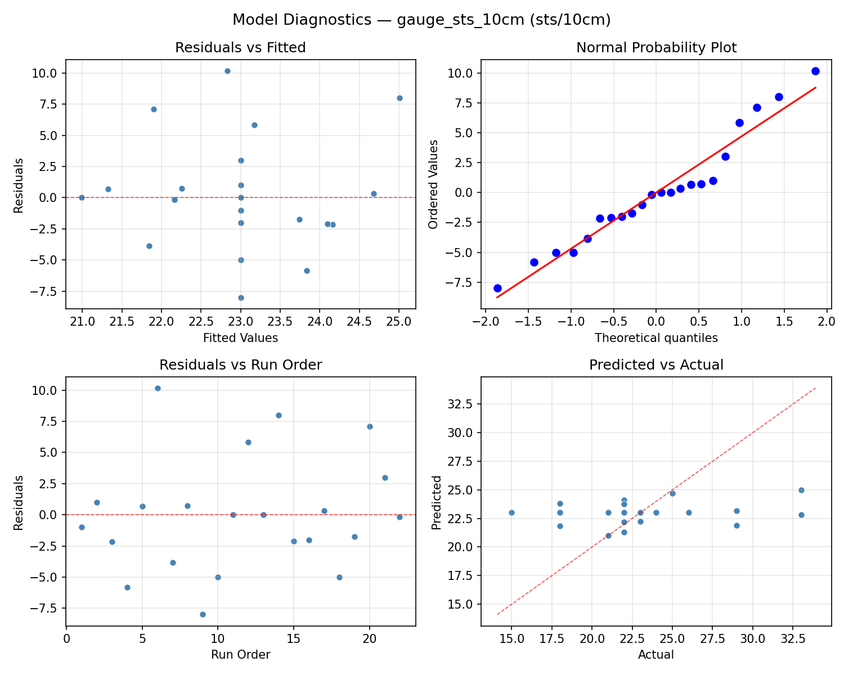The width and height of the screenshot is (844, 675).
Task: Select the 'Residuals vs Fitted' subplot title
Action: click(240, 48)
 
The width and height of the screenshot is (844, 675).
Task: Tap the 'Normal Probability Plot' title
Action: click(656, 48)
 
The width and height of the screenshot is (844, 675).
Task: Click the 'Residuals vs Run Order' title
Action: click(240, 365)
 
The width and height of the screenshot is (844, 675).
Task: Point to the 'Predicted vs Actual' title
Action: click(656, 365)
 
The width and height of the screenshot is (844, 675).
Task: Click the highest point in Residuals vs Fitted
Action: click(227, 71)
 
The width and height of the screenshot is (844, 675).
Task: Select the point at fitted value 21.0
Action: click(82, 197)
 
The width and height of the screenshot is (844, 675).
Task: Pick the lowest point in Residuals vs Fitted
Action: click(241, 298)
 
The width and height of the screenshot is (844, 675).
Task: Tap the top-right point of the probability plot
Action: click(815, 71)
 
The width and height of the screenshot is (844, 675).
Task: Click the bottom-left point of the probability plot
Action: click(497, 288)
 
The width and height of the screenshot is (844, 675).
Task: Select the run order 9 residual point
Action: click(203, 614)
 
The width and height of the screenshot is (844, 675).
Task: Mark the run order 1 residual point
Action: click(82, 527)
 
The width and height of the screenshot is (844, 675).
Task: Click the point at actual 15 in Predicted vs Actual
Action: click(511, 512)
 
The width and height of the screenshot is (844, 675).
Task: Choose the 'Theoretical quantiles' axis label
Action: click(656, 338)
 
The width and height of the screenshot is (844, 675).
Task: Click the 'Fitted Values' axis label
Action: click(240, 338)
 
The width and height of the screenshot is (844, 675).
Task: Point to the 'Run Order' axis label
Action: click(240, 655)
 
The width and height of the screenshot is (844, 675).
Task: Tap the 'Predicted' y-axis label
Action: click(436, 502)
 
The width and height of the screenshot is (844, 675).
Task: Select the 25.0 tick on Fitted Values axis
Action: click(399, 322)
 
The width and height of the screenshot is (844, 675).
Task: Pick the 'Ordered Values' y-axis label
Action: click(433, 184)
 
